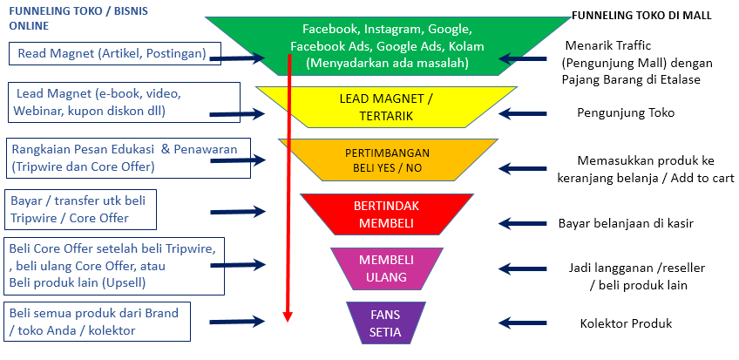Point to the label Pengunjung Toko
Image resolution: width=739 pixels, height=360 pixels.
(626, 112)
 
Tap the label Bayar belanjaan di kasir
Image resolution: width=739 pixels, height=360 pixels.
(626, 223)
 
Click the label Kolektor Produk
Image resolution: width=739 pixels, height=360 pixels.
(626, 324)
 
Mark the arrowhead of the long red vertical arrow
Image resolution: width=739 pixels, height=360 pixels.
(286, 316)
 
